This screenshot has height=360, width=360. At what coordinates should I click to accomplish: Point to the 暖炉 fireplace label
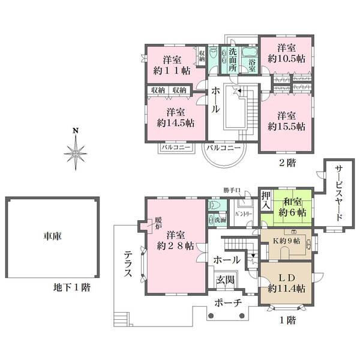(158, 223)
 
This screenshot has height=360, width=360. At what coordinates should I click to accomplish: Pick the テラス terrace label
(128, 262)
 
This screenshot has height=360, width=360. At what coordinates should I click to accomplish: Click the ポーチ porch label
(229, 304)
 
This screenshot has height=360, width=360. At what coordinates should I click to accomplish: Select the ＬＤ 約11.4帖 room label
(286, 283)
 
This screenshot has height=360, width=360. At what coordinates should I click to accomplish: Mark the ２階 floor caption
(286, 162)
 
